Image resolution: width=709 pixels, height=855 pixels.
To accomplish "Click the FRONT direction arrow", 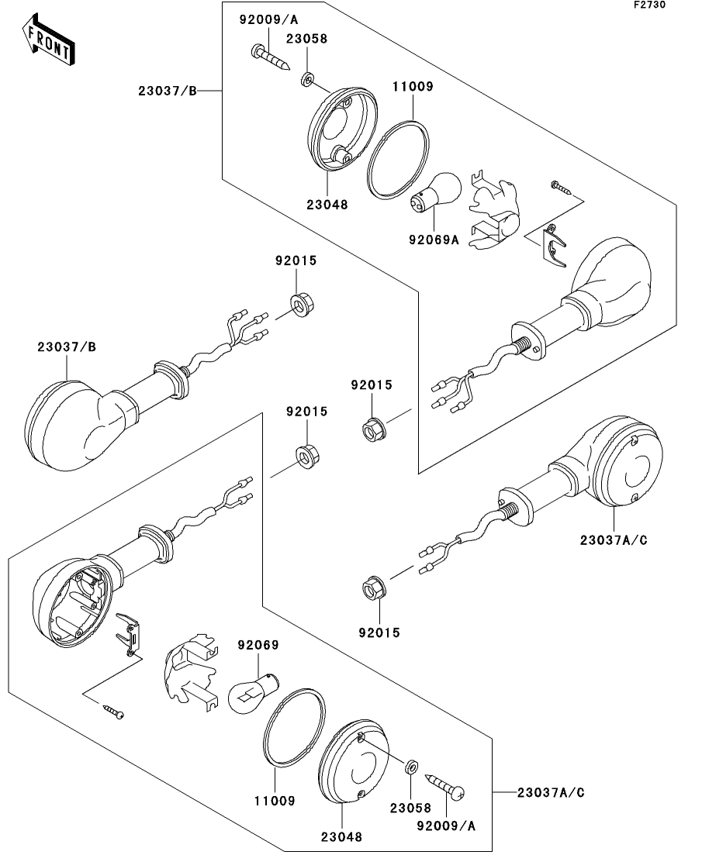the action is click(x=49, y=40).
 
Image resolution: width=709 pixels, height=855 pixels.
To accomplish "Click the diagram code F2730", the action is click(x=649, y=5).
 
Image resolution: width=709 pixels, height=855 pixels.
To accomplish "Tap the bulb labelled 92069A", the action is click(x=436, y=192).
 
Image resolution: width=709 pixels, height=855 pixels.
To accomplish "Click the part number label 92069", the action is click(x=258, y=644).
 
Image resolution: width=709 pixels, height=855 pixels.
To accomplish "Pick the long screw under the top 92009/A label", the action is click(x=270, y=57).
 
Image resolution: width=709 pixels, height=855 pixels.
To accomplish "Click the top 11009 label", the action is click(x=413, y=86).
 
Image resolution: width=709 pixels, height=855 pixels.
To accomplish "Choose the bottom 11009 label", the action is click(x=275, y=801).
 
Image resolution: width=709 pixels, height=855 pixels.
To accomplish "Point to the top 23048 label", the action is click(x=327, y=205).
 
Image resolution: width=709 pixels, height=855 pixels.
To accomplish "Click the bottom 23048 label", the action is click(x=341, y=836).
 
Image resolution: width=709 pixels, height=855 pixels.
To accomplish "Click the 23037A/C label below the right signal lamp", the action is click(x=614, y=540).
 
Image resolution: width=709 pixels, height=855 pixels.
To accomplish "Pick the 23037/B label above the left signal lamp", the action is click(x=67, y=346).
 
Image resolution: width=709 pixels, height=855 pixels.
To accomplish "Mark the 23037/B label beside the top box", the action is click(x=167, y=91).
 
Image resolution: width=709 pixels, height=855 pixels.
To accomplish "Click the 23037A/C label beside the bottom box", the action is click(x=551, y=792).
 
